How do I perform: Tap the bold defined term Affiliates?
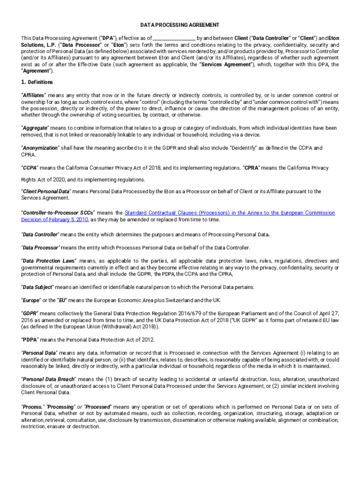[x=34, y=95]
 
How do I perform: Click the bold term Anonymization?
[x=40, y=148]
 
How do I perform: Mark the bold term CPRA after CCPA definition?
[x=253, y=167]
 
